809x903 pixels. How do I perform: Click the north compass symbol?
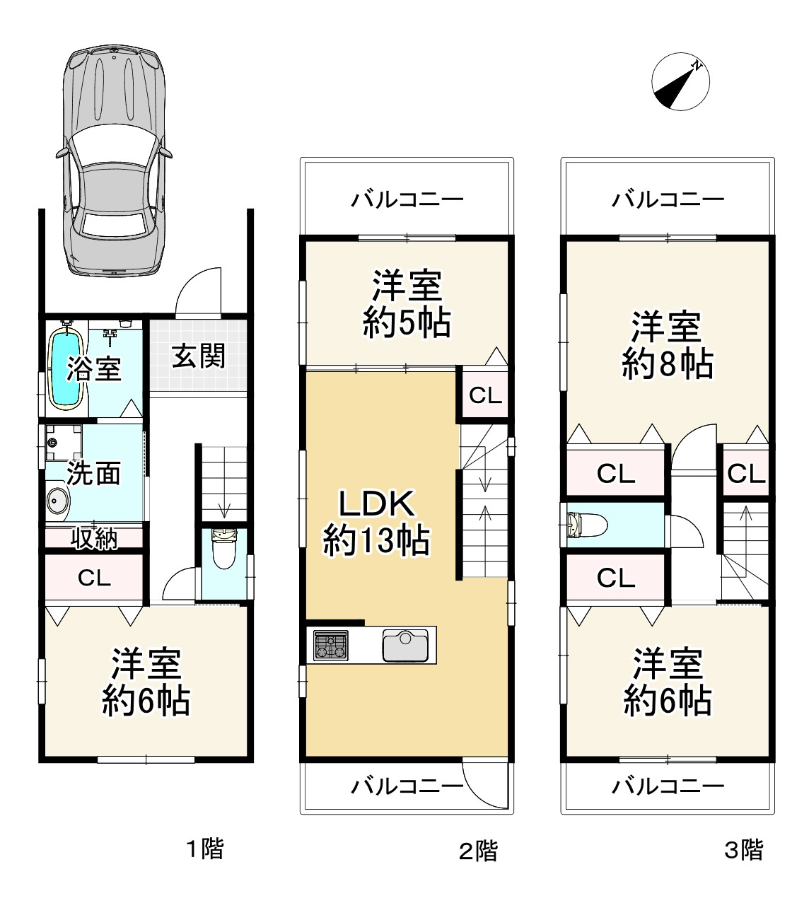click(680, 81)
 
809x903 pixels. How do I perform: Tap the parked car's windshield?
click(114, 145)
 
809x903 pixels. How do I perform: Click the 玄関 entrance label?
click(198, 356)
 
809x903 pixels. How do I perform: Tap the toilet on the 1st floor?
click(223, 549)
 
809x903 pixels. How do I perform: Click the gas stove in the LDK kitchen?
click(330, 646)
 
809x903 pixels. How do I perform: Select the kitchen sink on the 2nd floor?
click(405, 645)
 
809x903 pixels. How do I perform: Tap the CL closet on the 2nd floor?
click(485, 395)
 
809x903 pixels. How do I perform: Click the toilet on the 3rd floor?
click(586, 525)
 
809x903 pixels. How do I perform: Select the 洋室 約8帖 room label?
click(667, 345)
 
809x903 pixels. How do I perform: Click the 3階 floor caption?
click(743, 849)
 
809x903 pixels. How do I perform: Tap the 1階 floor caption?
click(204, 849)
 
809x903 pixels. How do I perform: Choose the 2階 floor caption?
click(478, 851)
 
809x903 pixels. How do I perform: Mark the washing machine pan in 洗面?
click(64, 443)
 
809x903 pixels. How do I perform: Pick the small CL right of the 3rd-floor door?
click(745, 473)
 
